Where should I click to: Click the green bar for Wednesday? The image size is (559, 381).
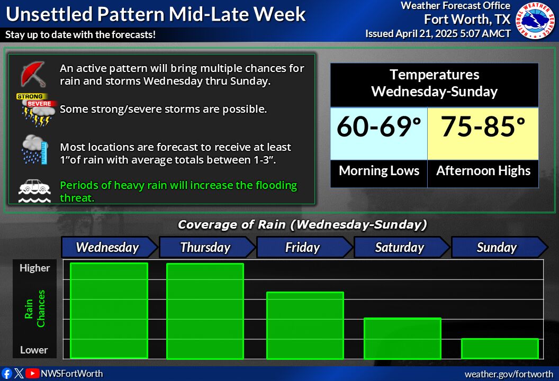(109, 311)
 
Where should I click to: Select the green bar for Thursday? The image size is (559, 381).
(205, 311)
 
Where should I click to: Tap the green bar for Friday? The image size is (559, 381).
(305, 325)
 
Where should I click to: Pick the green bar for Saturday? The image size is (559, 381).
(402, 338)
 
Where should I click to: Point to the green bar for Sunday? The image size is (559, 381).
(500, 349)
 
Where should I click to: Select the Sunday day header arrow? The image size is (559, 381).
(500, 247)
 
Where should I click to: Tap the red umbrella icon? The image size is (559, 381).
(33, 74)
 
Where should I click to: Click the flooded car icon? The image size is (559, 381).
(34, 190)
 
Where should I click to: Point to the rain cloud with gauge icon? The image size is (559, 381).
(34, 149)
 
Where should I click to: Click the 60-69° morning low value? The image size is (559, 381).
(378, 126)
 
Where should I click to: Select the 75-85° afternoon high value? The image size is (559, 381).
(483, 126)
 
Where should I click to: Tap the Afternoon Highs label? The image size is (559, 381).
(483, 171)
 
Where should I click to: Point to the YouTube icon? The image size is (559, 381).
(32, 373)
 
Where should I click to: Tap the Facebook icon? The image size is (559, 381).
(7, 374)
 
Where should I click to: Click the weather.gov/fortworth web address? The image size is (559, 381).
(509, 374)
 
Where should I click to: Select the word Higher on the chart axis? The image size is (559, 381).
(34, 268)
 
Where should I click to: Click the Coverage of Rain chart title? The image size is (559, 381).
(302, 224)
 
